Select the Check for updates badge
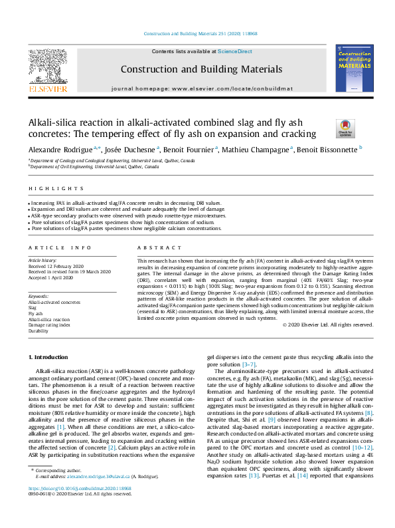click(x=346, y=128)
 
